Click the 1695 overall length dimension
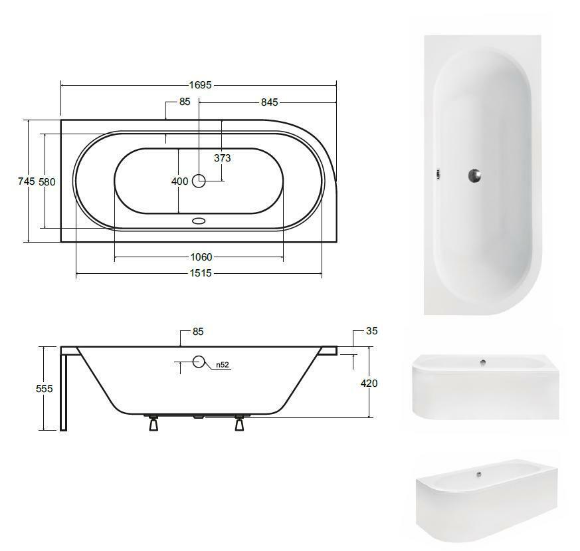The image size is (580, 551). pos(201,85)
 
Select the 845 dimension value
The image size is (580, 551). pos(269,102)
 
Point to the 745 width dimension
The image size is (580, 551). pos(27,181)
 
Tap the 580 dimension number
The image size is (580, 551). pos(47,181)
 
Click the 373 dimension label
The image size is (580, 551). pos(223,158)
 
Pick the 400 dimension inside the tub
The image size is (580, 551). pos(180,181)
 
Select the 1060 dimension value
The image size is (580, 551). pos(201,257)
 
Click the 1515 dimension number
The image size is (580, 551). pos(201,273)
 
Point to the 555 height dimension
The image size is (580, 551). pos(45,389)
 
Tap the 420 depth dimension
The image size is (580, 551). pos(369,384)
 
